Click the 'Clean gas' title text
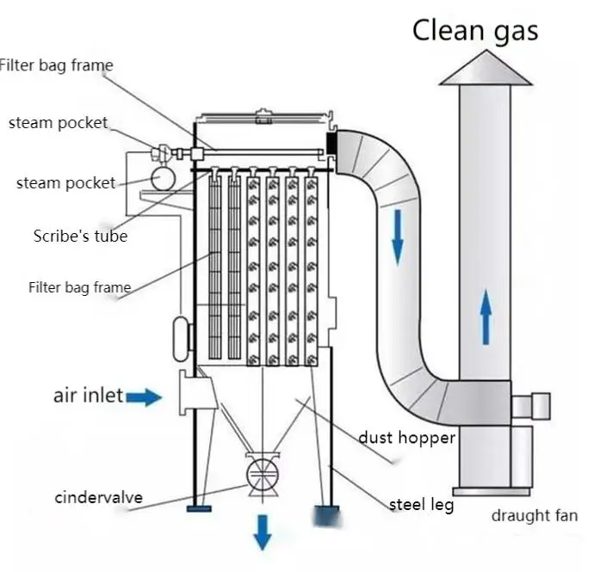point(475,30)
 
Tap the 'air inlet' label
point(89,397)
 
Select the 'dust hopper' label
point(407,438)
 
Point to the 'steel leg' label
point(421,505)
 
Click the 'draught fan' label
point(534,516)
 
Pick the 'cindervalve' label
point(99,497)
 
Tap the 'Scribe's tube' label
point(80,236)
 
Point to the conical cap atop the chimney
point(485,69)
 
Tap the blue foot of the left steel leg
point(198,508)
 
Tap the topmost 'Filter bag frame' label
point(57,65)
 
